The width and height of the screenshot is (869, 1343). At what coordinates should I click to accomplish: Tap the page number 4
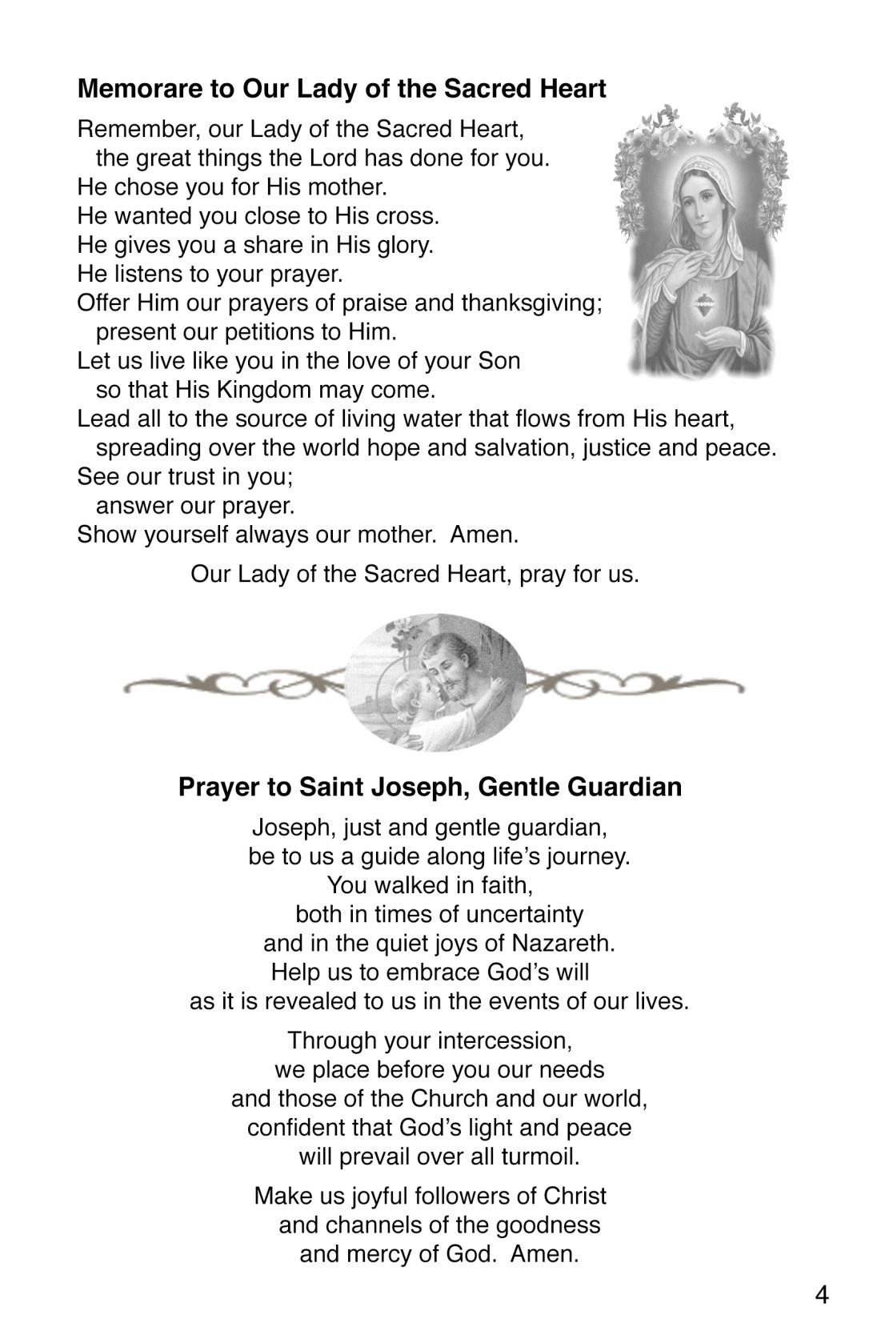pos(822,1295)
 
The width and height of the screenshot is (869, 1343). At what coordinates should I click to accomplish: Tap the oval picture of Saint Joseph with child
pos(437,683)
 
